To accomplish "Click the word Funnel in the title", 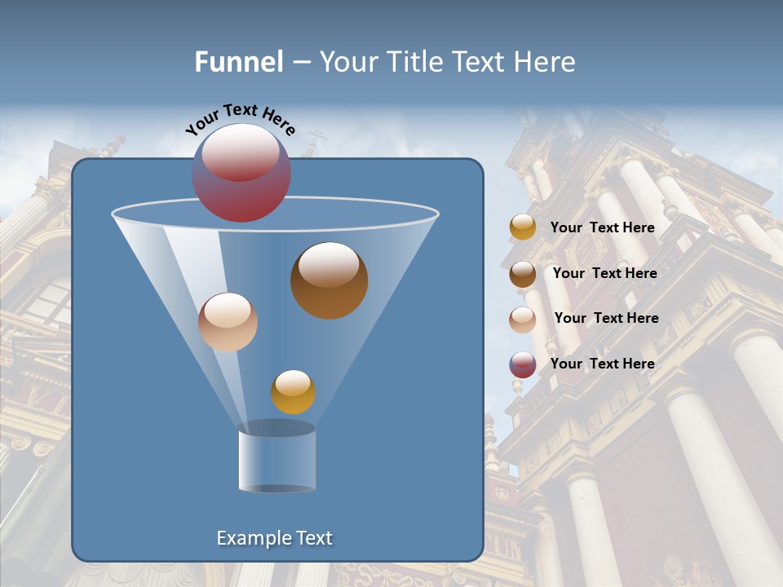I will tap(238, 62).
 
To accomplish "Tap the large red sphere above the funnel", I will tap(241, 173).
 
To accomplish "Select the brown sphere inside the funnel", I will tap(330, 281).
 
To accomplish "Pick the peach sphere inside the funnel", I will tap(228, 322).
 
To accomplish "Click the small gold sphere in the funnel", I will tap(293, 391).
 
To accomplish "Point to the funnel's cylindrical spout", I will tap(277, 461).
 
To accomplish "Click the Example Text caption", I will tap(275, 538).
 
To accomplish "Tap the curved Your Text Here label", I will tap(240, 119).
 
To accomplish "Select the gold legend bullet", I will tap(523, 227).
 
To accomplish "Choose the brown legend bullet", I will tap(523, 273).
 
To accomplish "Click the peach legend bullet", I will tap(523, 319).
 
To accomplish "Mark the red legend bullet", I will tap(523, 364).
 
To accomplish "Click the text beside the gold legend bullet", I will tap(602, 227).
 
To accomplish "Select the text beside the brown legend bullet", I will tap(604, 273).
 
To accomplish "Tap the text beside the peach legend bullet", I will tap(606, 318).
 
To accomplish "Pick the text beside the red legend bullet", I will tap(602, 364).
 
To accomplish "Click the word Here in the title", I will tap(546, 62).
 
